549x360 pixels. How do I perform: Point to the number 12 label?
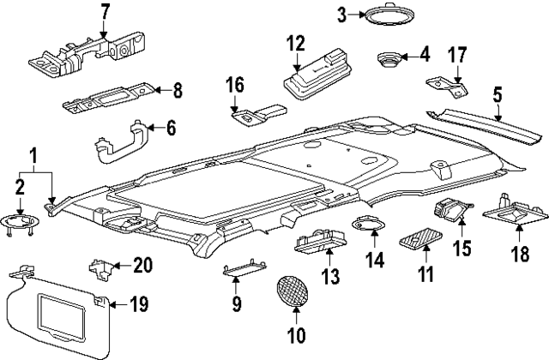pos(296,42)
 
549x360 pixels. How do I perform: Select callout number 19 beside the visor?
pos(139,303)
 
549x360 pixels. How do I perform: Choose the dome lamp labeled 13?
pos(320,244)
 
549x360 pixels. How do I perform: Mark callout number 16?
pos(235,85)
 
